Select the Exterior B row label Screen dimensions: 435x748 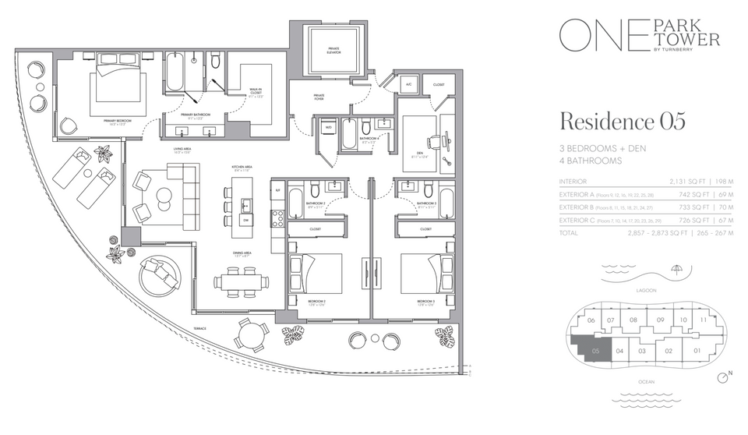tap(580, 207)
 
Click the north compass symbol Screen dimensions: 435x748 tap(726, 377)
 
